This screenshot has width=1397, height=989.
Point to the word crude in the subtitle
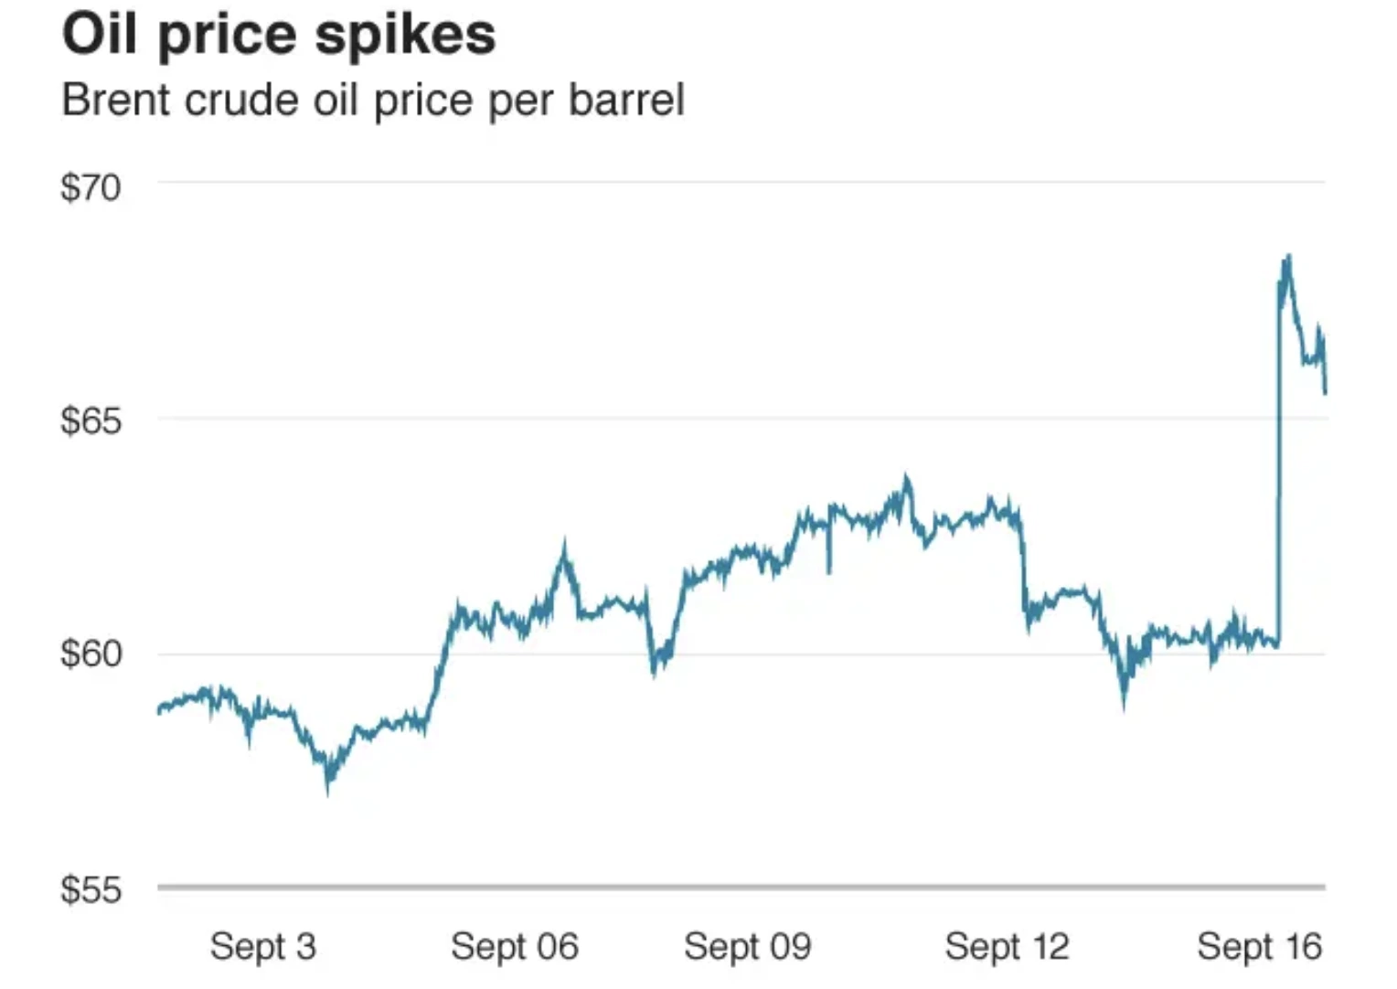click(x=241, y=100)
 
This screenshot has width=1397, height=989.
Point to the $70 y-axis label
click(x=91, y=187)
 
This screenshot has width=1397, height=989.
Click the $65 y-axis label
click(x=91, y=420)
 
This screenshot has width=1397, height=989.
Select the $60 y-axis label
click(x=91, y=654)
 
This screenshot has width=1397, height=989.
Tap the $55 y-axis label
click(x=91, y=888)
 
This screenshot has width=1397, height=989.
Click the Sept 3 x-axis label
click(x=263, y=947)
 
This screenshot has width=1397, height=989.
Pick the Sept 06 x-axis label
click(x=515, y=947)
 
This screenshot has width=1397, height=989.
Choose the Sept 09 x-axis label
click(x=748, y=947)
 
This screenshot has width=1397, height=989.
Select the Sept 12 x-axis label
click(x=1008, y=947)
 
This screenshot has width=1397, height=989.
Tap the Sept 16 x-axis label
click(x=1260, y=947)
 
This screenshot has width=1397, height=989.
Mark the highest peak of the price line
click(x=1288, y=257)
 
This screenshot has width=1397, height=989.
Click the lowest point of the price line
click(x=328, y=792)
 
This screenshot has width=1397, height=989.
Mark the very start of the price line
click(x=159, y=710)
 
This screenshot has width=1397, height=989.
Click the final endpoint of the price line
click(x=1325, y=392)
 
